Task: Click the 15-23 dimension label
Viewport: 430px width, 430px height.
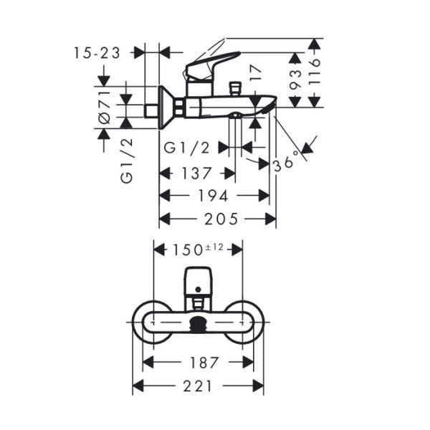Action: click(97, 53)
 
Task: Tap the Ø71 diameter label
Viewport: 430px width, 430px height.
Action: click(104, 107)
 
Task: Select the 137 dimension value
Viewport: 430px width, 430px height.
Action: click(196, 173)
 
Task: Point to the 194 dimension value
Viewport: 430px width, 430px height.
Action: click(213, 196)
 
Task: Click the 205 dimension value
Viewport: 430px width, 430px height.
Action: click(221, 219)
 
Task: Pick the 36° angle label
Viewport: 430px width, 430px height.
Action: click(286, 161)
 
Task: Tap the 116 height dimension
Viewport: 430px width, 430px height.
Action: click(314, 72)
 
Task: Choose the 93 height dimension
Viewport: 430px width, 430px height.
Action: click(295, 80)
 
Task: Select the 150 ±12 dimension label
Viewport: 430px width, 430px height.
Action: click(198, 249)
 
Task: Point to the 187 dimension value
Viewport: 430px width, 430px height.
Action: click(204, 363)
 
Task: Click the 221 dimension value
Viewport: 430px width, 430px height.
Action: click(198, 386)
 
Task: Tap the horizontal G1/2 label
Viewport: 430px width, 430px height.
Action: click(186, 148)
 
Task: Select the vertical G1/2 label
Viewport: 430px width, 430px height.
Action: click(126, 161)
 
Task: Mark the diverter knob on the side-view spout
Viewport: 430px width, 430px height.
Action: click(235, 88)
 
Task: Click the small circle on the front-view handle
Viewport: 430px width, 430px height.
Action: click(199, 289)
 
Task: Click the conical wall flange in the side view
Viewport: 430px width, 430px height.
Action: click(167, 107)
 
